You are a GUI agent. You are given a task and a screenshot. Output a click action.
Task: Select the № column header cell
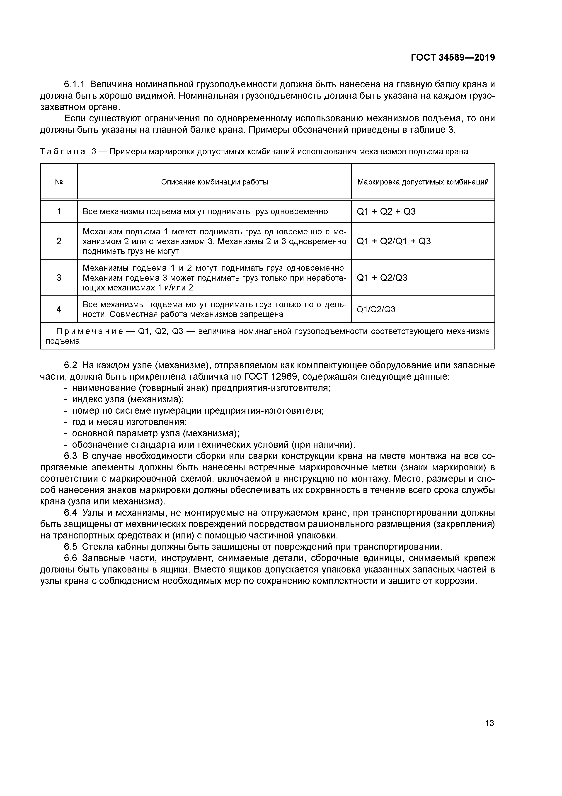pyautogui.click(x=59, y=182)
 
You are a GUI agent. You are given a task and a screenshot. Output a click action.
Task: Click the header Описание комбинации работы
pyautogui.click(x=214, y=182)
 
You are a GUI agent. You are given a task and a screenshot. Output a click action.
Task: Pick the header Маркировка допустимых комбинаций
pyautogui.click(x=423, y=182)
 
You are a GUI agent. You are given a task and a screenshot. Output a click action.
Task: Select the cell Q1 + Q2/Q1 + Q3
pyautogui.click(x=393, y=241)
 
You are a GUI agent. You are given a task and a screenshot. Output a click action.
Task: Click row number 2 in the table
pyautogui.click(x=59, y=241)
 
